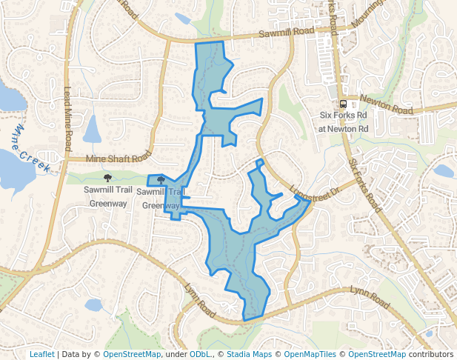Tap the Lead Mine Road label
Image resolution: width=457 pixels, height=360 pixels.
tap(67, 115)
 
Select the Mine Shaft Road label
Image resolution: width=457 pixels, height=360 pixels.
tap(118, 158)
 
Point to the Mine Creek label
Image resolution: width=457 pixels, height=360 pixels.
tap(30, 148)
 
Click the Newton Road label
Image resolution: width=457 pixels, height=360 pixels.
tap(386, 104)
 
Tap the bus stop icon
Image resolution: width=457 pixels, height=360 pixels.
tap(343, 104)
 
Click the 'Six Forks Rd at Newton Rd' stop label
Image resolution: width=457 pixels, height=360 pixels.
tap(343, 121)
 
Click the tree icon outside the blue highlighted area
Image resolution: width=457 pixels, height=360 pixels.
tap(107, 178)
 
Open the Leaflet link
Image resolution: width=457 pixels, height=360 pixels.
tap(41, 354)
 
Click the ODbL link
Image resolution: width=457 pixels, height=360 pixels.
tap(199, 354)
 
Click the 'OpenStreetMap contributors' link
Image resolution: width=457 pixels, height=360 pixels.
tap(400, 354)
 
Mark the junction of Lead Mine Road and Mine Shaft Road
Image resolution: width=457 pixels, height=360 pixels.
tap(67, 159)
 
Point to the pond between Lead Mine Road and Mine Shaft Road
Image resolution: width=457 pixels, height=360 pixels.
tap(93, 130)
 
